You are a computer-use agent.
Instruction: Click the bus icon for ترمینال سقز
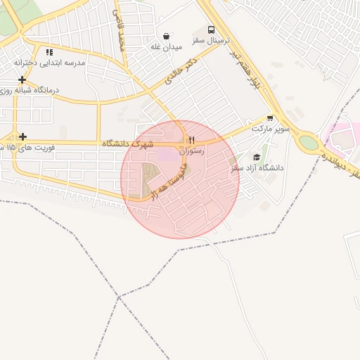[212, 30]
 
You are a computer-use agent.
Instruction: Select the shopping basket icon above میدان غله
[166, 36]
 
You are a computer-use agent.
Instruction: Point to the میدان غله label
[166, 47]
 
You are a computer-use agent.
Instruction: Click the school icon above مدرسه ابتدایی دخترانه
[49, 52]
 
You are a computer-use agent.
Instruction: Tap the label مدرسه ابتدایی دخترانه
[49, 63]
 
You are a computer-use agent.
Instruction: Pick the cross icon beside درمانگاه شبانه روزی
[23, 79]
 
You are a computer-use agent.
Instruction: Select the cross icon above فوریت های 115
[23, 136]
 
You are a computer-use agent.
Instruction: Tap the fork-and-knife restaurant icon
[191, 139]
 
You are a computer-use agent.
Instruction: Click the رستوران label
[191, 150]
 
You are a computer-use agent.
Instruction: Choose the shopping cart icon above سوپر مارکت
[270, 118]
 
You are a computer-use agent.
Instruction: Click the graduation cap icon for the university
[257, 157]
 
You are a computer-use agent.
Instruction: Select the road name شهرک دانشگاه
[131, 143]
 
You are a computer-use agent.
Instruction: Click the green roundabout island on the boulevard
[308, 143]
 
